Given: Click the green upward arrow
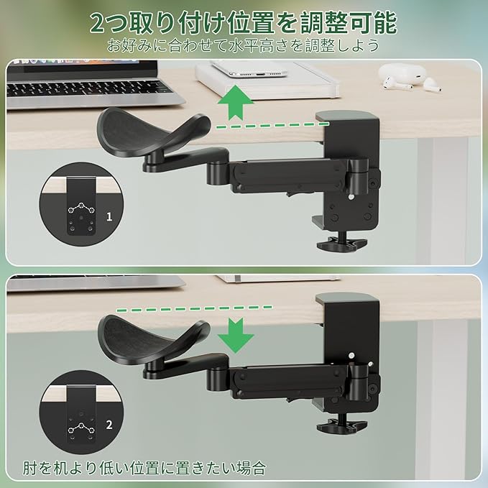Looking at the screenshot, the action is tap(236, 102).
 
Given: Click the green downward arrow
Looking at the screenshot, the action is tap(236, 335).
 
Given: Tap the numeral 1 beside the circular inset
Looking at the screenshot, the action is tap(109, 216).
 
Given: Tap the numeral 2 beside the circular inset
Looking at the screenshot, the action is tap(109, 425).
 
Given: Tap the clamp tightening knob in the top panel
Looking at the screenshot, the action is tap(342, 243).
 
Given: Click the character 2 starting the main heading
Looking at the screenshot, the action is tap(98, 23).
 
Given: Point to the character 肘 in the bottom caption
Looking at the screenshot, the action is tap(30, 468).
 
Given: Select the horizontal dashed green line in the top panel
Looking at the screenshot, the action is tap(272, 126).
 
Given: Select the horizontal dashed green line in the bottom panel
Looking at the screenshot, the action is tap(195, 309).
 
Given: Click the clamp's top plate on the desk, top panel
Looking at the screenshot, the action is tap(347, 116).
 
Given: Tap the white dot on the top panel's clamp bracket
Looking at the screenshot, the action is tap(351, 197).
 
